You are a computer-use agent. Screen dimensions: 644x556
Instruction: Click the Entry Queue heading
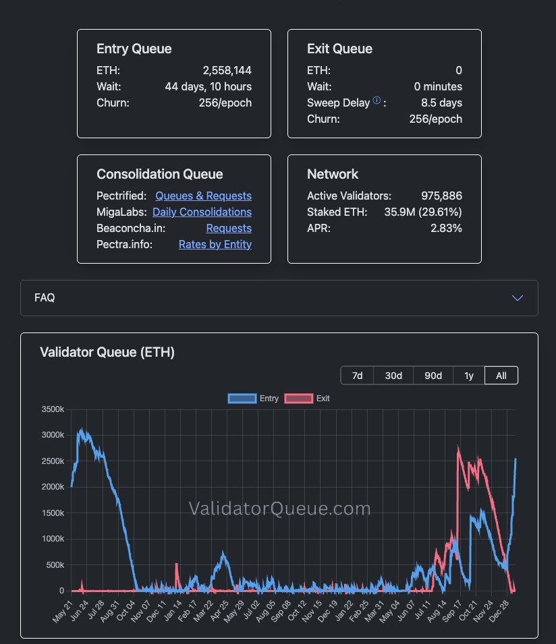click(134, 49)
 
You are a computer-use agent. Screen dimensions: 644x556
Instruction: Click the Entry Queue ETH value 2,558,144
click(227, 70)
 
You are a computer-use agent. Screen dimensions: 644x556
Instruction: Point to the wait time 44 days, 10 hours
click(208, 86)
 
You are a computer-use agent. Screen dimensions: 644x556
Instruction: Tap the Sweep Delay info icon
click(377, 101)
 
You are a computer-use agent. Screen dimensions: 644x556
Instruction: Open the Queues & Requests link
click(203, 196)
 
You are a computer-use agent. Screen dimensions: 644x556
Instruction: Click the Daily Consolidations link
click(202, 212)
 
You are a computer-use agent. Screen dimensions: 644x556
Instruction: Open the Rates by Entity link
click(215, 244)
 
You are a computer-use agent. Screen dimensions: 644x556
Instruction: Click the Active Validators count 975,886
click(440, 196)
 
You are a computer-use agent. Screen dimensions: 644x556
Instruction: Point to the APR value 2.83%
click(447, 228)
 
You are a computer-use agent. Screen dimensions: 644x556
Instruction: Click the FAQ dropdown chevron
click(518, 297)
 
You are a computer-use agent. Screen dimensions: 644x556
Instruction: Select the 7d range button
click(358, 376)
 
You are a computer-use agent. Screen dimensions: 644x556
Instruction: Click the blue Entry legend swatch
click(242, 399)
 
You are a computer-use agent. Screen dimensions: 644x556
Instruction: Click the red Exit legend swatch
click(299, 399)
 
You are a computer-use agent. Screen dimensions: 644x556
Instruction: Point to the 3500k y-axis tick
click(53, 409)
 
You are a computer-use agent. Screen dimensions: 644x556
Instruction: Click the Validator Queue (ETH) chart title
click(107, 352)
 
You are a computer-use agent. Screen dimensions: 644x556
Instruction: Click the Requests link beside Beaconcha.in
click(229, 228)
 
